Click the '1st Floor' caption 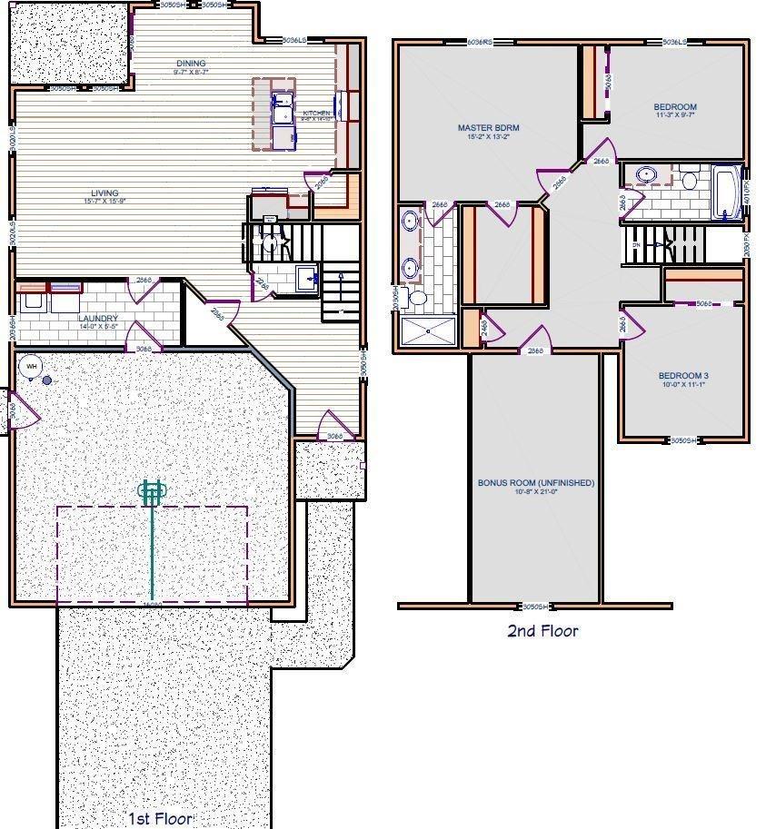point(159,819)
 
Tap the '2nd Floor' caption point(542,630)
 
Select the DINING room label point(191,64)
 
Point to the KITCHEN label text point(317,113)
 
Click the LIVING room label point(104,192)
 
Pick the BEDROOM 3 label point(683,376)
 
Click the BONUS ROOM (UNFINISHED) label point(536,483)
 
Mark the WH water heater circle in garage point(32,366)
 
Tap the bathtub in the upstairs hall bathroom point(729,192)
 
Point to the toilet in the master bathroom point(419,297)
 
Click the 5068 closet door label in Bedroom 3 point(703,303)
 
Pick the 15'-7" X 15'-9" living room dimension point(104,201)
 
